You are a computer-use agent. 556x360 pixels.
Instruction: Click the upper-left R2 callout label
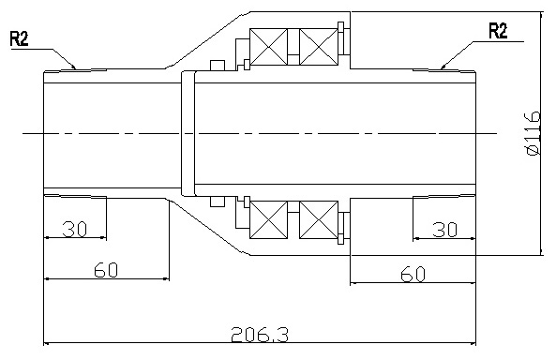[19, 38]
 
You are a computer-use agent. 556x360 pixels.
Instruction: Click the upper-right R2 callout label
[498, 31]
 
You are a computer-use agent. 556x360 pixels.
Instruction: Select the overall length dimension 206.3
[260, 334]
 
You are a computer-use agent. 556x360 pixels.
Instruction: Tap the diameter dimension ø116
[533, 133]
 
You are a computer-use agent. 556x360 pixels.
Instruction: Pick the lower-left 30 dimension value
[74, 229]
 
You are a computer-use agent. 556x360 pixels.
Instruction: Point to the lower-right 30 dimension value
[445, 230]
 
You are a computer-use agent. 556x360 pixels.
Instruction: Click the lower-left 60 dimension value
[106, 270]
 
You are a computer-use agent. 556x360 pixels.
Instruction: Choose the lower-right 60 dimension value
[413, 274]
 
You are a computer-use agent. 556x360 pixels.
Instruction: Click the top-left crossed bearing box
[268, 47]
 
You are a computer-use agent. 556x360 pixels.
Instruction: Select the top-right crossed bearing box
[319, 47]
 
